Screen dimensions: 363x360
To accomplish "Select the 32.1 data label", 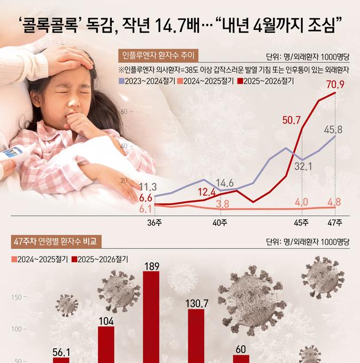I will click(303, 167).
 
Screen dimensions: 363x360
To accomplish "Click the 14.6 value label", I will click(224, 183).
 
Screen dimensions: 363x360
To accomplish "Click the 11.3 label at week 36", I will click(148, 187).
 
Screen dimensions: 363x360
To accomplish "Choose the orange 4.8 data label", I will click(334, 202).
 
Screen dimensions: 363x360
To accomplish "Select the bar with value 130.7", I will click(196, 336).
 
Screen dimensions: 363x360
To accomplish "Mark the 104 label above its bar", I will click(106, 321).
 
